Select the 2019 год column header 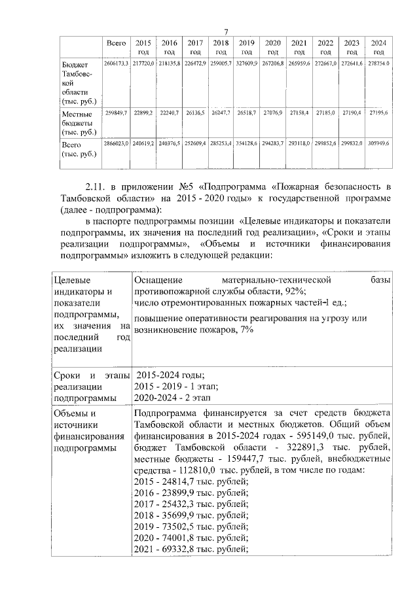[247, 46]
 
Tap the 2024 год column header [378, 46]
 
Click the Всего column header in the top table [116, 43]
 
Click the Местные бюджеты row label [76, 122]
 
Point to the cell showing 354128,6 [247, 143]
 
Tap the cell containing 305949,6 [378, 143]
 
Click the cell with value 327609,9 [247, 65]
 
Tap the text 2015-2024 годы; [170, 375]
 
